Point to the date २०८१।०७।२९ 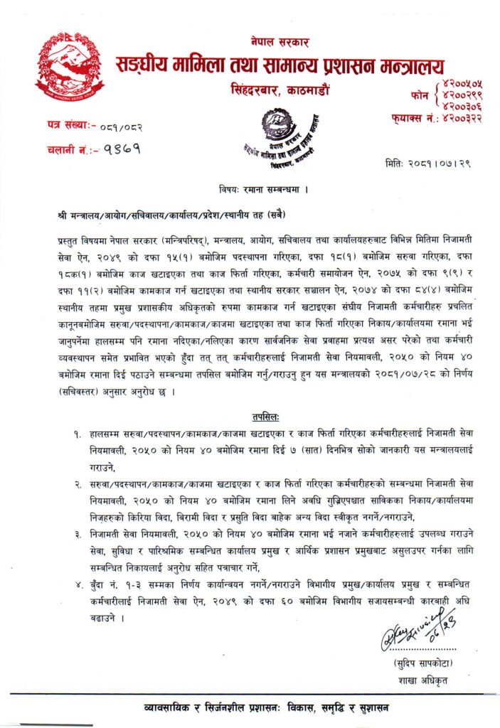(x=429, y=164)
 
